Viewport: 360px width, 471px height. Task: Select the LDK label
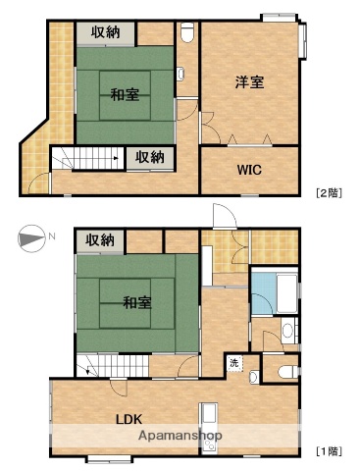[129, 418]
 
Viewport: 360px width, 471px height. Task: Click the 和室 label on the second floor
[124, 95]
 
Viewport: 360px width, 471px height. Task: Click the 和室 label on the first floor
[136, 302]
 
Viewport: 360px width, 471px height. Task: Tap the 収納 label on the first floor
[99, 239]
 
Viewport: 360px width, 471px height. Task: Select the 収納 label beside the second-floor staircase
[150, 156]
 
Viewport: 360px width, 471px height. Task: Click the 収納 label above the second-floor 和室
[107, 32]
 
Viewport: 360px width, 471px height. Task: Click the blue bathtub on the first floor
[265, 290]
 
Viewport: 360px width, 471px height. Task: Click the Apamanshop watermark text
[180, 435]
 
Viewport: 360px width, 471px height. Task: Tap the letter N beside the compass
[52, 238]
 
